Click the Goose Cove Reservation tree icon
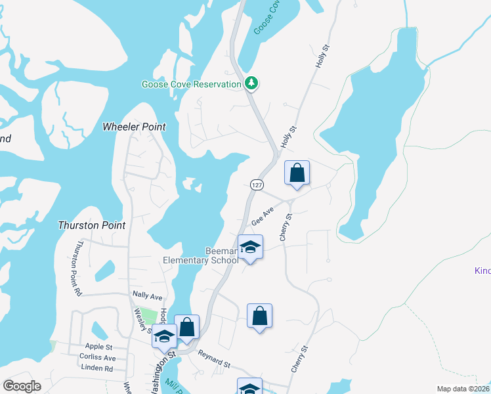pos(251,83)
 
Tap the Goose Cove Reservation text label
pos(192,85)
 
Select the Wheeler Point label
pos(135,126)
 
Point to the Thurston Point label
pos(92,225)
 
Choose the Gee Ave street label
pos(263,217)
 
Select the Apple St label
pos(99,346)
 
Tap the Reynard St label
pos(215,361)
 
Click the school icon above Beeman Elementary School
pos(250,248)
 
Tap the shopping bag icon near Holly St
pos(297,173)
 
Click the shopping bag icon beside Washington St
pos(187,327)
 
